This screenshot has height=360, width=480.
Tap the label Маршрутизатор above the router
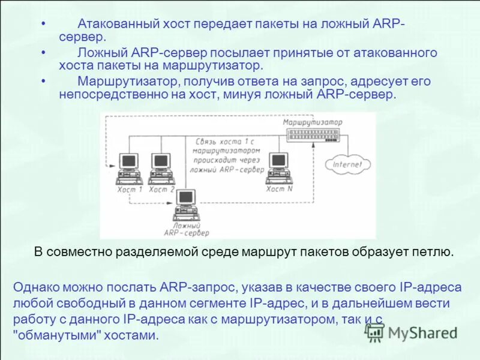tap(312, 122)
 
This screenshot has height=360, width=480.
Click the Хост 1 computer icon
tap(128, 169)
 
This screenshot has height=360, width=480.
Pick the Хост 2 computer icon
tap(160, 169)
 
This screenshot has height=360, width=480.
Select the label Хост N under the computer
tap(280, 189)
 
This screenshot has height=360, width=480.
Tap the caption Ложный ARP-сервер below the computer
tap(186, 228)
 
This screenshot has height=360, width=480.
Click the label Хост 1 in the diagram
tap(130, 189)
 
